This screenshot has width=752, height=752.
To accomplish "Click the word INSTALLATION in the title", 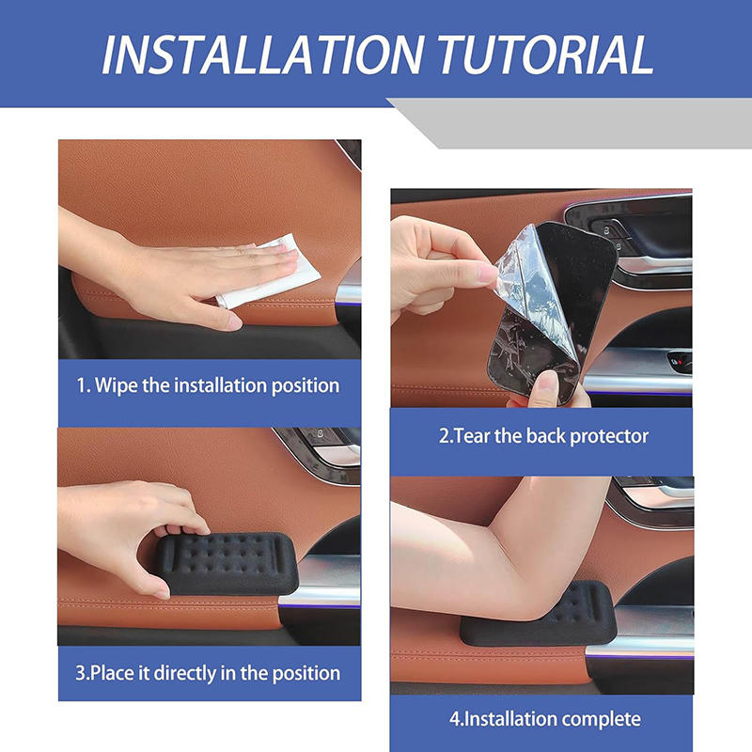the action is click(x=263, y=54).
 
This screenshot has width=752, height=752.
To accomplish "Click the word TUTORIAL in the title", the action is click(x=546, y=54).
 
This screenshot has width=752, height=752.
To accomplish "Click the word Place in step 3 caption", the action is click(x=112, y=673).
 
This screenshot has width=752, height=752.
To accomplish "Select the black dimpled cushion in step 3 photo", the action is click(x=226, y=562).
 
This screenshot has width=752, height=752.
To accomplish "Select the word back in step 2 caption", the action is click(x=546, y=436).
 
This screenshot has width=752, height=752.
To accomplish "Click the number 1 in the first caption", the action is click(x=82, y=386).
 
